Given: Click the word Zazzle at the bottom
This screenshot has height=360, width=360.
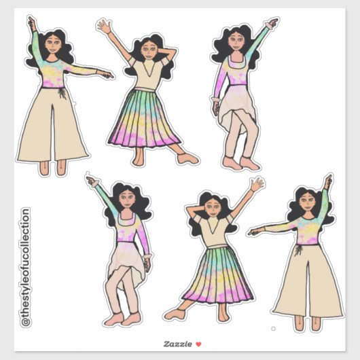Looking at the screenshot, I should [x=174, y=344].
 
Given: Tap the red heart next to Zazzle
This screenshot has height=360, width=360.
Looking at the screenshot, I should [x=198, y=344].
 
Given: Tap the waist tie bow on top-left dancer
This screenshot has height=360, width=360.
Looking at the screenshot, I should [x=62, y=92].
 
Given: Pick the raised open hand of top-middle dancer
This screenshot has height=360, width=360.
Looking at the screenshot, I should [x=103, y=26].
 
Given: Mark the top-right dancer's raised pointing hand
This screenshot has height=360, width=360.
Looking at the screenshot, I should [x=272, y=24].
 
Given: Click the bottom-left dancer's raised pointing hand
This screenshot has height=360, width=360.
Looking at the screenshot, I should [x=91, y=180].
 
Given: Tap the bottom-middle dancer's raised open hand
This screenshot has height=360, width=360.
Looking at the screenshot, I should [x=256, y=184].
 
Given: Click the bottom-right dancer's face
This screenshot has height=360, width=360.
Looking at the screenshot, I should [x=304, y=204].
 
